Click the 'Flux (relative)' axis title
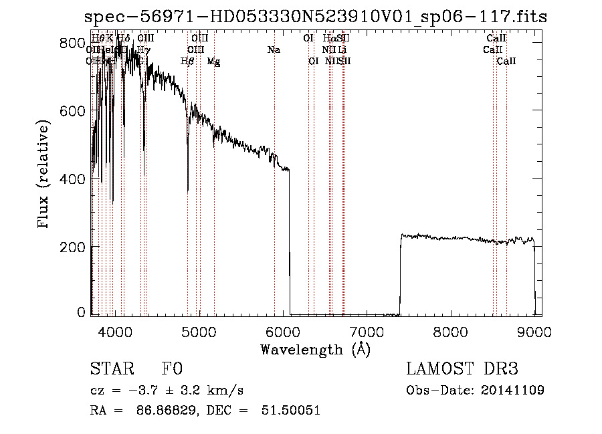point(45,175)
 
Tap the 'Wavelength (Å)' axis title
point(314,349)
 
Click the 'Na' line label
point(273,49)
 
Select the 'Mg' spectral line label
point(213,61)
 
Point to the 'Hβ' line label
point(187,61)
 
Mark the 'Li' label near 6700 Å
point(342,49)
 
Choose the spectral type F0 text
point(172,369)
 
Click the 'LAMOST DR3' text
point(462,369)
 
